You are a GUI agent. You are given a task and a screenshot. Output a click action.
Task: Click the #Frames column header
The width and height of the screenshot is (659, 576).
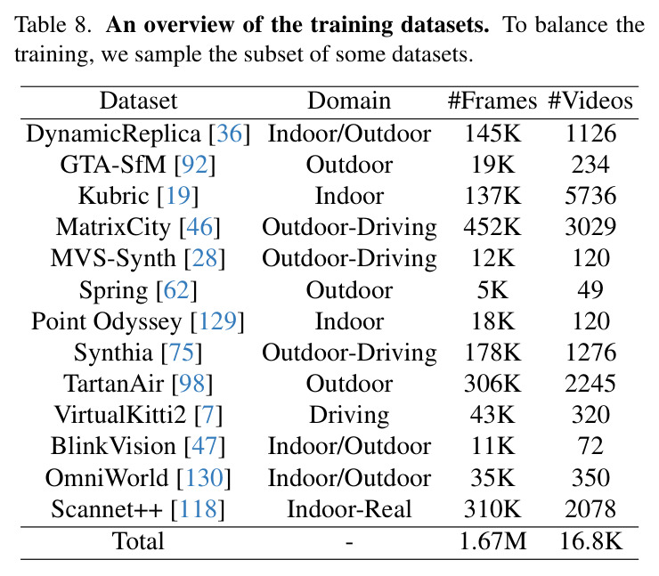492,101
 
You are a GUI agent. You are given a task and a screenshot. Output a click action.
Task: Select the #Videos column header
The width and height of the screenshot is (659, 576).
590,101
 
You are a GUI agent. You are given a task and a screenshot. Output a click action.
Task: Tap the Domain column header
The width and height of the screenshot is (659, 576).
349,101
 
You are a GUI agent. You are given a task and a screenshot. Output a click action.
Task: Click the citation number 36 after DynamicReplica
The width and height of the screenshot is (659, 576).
230,134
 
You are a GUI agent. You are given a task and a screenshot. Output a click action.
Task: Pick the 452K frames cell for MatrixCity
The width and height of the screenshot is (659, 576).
492,227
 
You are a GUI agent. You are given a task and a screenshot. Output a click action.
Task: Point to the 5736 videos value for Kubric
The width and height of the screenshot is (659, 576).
590,196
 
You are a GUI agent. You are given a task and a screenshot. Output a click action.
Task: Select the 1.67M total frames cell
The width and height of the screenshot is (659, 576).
492,541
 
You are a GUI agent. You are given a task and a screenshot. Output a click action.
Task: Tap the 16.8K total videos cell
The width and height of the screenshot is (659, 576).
591,541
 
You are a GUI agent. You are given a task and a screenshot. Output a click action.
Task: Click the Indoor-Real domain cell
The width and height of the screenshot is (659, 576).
349,509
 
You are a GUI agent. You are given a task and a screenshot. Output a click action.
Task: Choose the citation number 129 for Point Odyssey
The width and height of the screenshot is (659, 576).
217,321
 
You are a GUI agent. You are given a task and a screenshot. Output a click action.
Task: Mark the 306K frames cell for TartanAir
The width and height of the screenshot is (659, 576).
492,384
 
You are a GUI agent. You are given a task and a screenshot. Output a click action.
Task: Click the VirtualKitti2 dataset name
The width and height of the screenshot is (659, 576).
120,415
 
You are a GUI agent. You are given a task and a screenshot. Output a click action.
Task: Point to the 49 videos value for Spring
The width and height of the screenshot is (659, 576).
590,290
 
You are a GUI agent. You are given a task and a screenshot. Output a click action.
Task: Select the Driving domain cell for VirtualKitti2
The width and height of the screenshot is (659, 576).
349,416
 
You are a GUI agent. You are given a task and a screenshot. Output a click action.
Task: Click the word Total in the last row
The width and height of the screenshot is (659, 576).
138,541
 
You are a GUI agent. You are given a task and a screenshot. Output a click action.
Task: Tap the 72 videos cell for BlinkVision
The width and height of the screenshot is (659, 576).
590,446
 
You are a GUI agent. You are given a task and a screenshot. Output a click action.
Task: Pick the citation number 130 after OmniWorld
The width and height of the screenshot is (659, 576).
204,478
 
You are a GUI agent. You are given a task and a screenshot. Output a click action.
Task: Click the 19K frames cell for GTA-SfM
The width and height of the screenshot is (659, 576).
492,165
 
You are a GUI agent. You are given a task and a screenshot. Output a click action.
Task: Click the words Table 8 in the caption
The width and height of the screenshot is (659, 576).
53,24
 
